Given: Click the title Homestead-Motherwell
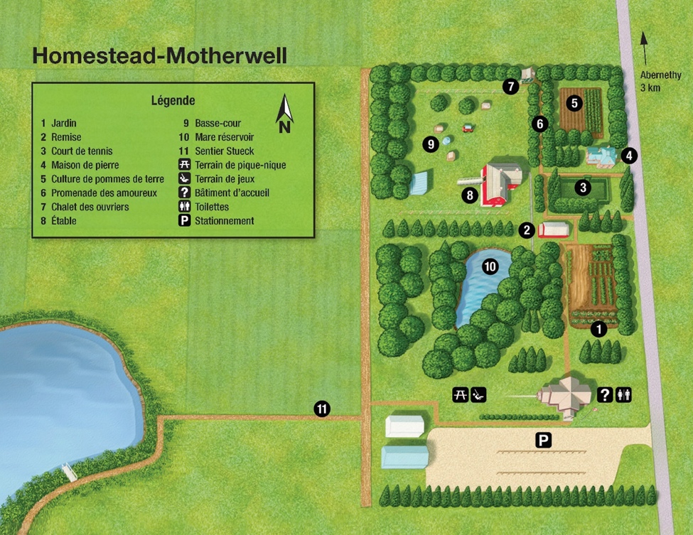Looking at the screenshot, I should (x=159, y=56).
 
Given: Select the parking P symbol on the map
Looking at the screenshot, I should (x=543, y=441).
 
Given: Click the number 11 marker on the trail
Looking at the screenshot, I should (x=322, y=409).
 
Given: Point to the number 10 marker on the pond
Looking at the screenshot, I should (x=490, y=266).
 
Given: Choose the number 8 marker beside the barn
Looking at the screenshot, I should (x=469, y=194).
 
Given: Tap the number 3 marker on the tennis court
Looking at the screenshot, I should (x=583, y=188).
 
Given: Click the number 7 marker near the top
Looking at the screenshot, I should (x=510, y=87).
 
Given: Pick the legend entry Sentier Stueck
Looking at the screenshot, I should (x=224, y=151).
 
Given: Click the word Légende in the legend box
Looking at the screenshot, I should (x=173, y=101).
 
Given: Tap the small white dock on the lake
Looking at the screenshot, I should (x=69, y=470).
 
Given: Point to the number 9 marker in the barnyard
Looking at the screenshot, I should (x=429, y=144).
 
